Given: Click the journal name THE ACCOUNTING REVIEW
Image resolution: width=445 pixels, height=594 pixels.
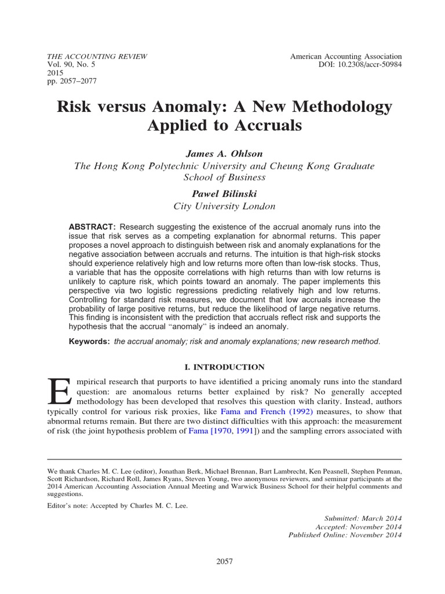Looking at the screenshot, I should [96, 56].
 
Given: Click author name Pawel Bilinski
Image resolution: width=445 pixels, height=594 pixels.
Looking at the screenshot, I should [223, 193].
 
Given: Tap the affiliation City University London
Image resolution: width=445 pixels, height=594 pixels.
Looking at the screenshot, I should [223, 205].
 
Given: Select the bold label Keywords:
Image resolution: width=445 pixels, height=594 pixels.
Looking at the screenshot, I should [90, 342].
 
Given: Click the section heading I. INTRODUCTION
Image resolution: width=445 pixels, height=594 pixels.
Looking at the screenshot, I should [223, 367].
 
